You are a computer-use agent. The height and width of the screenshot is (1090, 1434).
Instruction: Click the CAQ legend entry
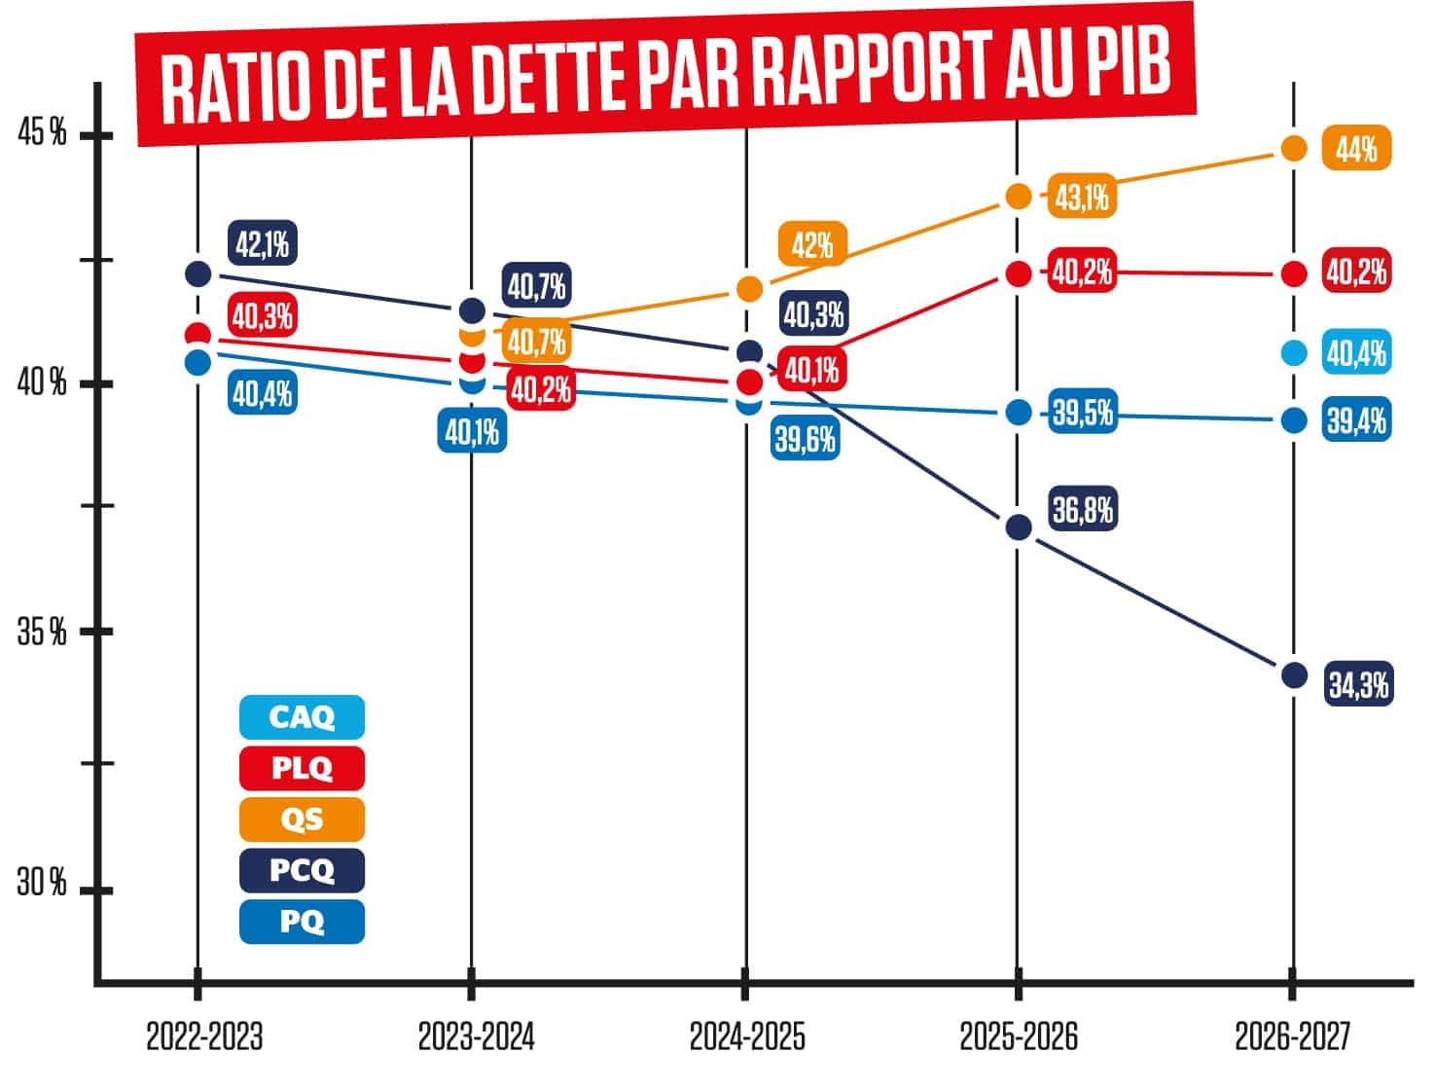(x=302, y=717)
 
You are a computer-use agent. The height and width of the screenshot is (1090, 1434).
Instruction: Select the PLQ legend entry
(x=302, y=768)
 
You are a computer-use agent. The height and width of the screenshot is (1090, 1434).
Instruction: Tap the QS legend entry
(x=302, y=819)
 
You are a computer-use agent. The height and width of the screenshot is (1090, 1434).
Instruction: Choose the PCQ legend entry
(x=302, y=870)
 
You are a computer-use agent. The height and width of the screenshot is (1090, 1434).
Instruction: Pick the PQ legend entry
(x=302, y=921)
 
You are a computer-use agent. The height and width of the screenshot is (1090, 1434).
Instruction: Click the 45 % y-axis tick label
(x=43, y=133)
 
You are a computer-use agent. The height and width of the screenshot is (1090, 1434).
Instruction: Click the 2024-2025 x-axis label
(x=747, y=1037)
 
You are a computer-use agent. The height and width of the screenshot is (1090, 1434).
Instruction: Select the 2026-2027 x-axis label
(x=1293, y=1037)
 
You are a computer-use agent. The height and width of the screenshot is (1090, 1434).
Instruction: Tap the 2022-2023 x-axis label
(x=204, y=1037)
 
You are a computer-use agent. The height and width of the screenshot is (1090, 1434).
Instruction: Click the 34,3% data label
(x=1358, y=685)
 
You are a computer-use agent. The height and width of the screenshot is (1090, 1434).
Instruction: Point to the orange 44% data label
(x=1356, y=150)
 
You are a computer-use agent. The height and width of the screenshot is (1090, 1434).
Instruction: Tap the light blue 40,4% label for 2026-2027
(x=1356, y=352)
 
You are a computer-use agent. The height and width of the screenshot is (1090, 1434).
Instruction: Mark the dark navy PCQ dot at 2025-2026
(x=1018, y=527)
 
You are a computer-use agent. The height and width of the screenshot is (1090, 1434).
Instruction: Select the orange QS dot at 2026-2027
(x=1293, y=148)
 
